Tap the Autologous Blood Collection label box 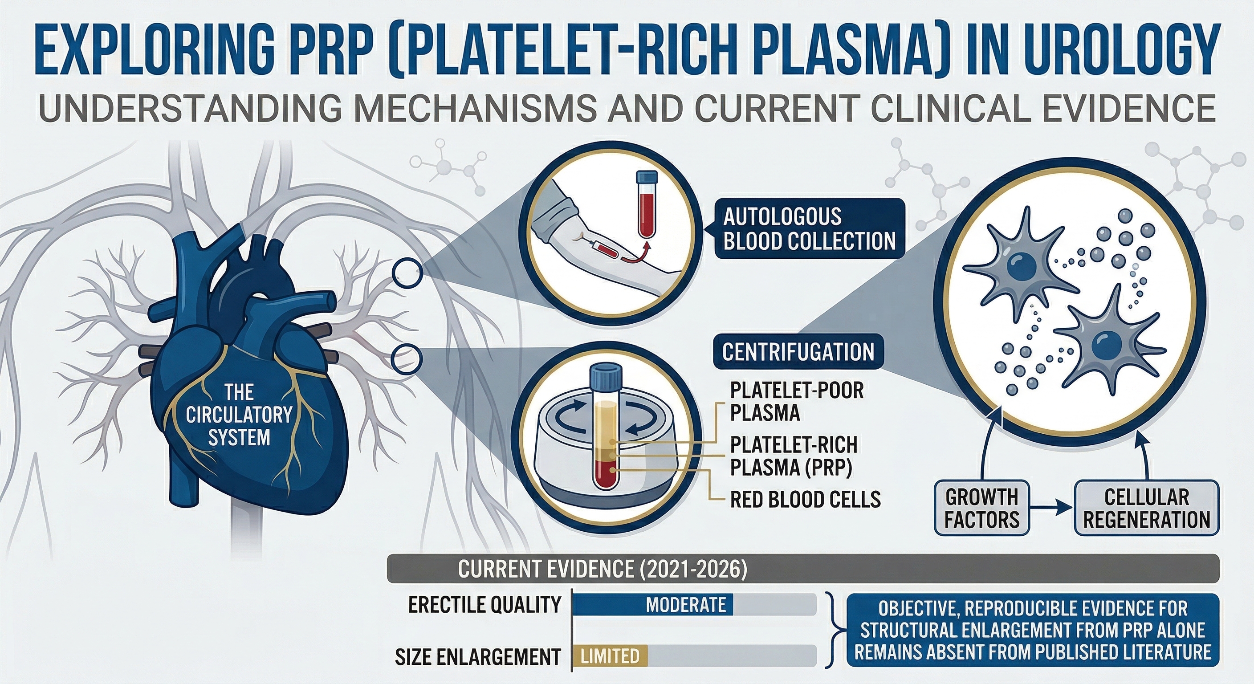click(809, 229)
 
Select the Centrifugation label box click(798, 352)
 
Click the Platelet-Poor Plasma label click(796, 402)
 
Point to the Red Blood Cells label click(805, 499)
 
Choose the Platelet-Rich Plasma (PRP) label click(794, 456)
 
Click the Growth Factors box click(982, 509)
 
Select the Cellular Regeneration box click(1146, 509)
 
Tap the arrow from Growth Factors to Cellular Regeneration click(1051, 510)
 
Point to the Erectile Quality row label click(485, 605)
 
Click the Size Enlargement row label click(477, 656)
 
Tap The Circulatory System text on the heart click(239, 415)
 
